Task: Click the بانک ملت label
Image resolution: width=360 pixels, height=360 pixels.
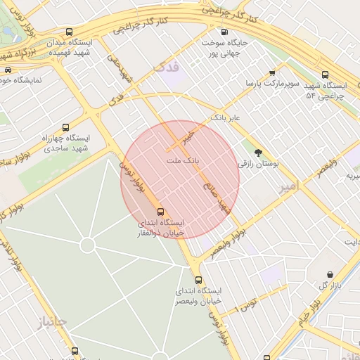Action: [x=183, y=161]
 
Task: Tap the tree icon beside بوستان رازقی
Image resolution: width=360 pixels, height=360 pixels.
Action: [x=259, y=151]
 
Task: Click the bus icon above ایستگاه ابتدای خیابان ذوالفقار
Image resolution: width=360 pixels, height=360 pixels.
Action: [x=161, y=211]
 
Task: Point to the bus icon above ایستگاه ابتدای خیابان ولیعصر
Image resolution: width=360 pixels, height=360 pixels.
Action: [x=198, y=280]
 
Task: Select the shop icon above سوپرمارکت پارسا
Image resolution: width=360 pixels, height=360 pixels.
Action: [x=273, y=72]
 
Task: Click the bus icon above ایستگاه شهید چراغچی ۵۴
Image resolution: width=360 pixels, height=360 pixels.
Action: [x=325, y=75]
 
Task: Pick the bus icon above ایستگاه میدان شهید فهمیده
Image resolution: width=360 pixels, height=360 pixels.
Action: [x=69, y=32]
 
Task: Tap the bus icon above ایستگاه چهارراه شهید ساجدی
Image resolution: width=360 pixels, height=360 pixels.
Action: [x=65, y=127]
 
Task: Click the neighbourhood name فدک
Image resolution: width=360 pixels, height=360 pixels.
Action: [x=167, y=67]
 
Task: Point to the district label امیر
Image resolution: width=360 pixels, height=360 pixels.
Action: [x=288, y=185]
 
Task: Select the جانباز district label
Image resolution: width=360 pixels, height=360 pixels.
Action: [x=52, y=322]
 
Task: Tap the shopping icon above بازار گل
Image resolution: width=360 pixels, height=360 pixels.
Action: [x=330, y=274]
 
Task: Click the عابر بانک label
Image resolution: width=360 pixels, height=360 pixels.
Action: [x=224, y=118]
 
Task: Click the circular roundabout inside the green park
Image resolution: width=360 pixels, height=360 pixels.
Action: [x=87, y=245]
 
